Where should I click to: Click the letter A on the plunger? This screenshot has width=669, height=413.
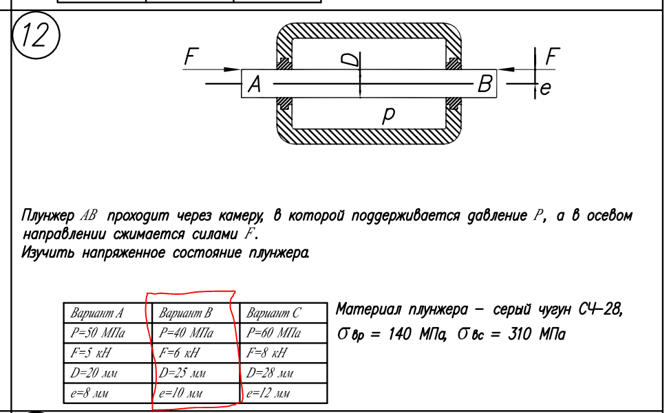pyautogui.click(x=254, y=85)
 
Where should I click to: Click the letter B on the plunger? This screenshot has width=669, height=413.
pyautogui.click(x=485, y=85)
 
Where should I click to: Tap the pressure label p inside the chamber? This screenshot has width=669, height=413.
pyautogui.click(x=389, y=115)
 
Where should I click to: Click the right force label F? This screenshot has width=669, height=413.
pyautogui.click(x=551, y=57)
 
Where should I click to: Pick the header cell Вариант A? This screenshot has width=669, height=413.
pyautogui.click(x=96, y=314)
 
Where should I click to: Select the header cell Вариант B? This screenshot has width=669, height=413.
pyautogui.click(x=185, y=314)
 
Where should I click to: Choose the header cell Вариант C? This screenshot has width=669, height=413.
pyautogui.click(x=273, y=314)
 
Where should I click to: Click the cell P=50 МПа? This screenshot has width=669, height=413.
pyautogui.click(x=96, y=334)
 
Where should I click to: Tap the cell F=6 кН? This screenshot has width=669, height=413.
pyautogui.click(x=179, y=354)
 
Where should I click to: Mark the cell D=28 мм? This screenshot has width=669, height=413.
pyautogui.click(x=270, y=374)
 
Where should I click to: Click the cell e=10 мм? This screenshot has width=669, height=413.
pyautogui.click(x=182, y=394)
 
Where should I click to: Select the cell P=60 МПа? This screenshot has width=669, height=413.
pyautogui.click(x=273, y=334)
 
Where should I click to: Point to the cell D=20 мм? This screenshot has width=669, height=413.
pyautogui.click(x=94, y=374)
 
